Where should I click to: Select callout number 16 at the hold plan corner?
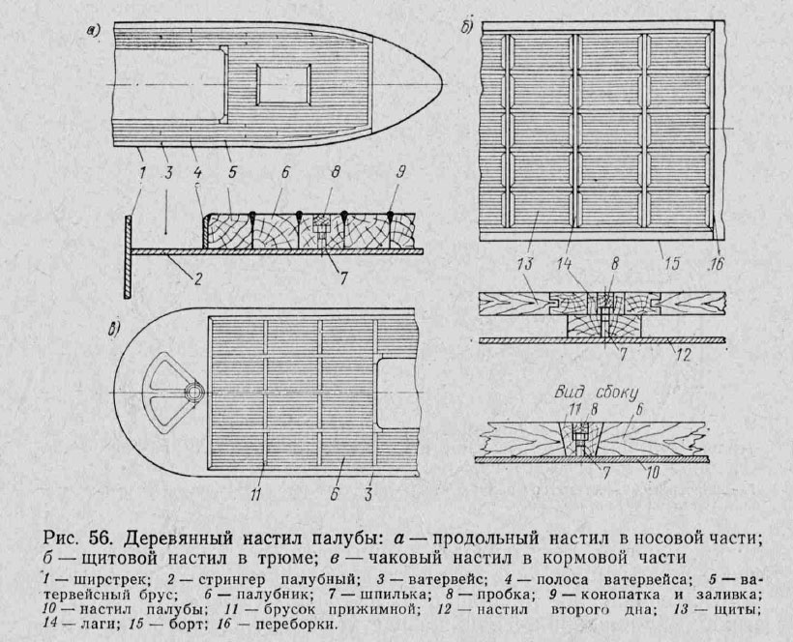[715, 265]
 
